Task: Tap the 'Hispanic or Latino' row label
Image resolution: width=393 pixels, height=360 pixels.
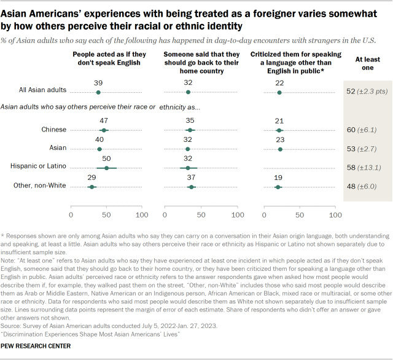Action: click(x=37, y=167)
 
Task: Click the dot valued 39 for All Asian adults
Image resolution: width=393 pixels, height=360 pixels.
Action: click(x=99, y=92)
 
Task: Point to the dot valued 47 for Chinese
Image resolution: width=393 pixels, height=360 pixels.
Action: click(x=104, y=130)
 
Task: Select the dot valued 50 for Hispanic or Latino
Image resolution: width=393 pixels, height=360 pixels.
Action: click(x=106, y=167)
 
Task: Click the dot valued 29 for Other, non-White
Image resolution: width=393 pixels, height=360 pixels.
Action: click(x=91, y=186)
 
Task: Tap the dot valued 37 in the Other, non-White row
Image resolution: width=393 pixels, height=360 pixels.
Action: click(x=191, y=186)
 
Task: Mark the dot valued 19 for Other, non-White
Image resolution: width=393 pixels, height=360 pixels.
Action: click(x=278, y=186)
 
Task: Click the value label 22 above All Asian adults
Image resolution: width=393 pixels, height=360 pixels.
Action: click(x=280, y=82)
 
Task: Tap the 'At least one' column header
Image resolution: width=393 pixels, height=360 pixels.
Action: click(x=367, y=63)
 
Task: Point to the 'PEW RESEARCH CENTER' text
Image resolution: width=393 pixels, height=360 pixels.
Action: click(x=36, y=346)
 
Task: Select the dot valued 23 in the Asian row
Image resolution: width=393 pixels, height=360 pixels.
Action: click(x=281, y=149)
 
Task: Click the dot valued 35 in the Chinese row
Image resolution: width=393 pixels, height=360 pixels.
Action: click(x=190, y=130)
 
